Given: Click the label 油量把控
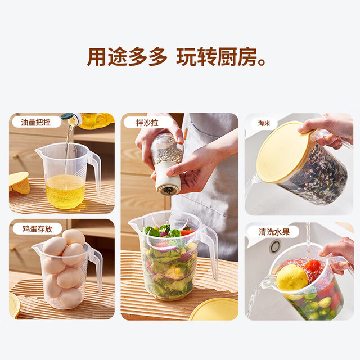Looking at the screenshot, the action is [x=35, y=122].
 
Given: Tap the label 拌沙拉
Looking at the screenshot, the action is [x=147, y=123].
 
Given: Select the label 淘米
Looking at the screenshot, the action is [x=264, y=123].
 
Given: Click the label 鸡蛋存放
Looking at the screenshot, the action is [x=37, y=229].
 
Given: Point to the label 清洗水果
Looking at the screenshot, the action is [x=274, y=232].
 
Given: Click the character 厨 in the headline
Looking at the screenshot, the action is [x=227, y=57].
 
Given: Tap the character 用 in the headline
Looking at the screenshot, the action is [x=96, y=57].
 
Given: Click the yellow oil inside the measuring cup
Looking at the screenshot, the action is [x=65, y=191].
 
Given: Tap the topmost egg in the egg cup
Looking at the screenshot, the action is [x=74, y=237].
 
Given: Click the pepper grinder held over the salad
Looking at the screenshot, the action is [x=167, y=164].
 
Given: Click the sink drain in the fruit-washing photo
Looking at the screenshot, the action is [x=275, y=246].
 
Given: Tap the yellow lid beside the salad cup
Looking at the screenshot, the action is [x=214, y=309].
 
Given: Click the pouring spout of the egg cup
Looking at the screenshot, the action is [x=36, y=247].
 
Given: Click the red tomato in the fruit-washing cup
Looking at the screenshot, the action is [x=313, y=266].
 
